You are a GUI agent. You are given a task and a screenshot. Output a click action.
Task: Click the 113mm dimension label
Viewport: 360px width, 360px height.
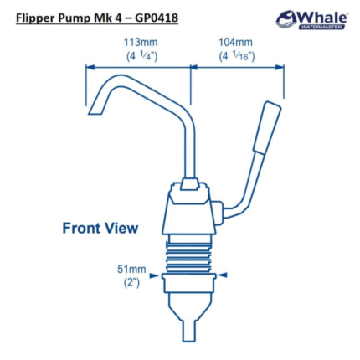coord(141,43)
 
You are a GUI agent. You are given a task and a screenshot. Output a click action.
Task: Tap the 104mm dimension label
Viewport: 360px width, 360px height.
coord(235,43)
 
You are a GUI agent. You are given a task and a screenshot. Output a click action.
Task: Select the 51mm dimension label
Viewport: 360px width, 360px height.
coord(131,270)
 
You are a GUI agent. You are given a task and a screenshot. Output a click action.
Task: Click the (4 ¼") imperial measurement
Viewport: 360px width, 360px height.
coord(141,56)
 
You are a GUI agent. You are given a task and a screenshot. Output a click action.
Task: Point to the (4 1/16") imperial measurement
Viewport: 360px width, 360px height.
coord(237,56)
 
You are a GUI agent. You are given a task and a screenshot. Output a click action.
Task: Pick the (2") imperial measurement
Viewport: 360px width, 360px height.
coord(131,283)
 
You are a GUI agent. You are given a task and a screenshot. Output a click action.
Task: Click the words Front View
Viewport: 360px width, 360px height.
coord(100,228)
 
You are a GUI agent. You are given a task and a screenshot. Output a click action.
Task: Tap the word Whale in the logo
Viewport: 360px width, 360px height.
coord(323,18)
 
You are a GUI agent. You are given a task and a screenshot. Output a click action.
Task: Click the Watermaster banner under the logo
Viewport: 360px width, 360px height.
coord(321,27)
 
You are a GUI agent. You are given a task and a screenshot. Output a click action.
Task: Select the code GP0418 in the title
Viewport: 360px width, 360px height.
coord(157,18)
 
